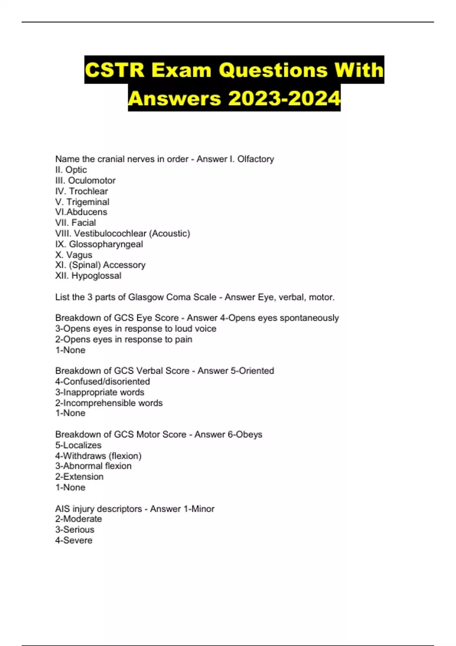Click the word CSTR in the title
tap(114, 70)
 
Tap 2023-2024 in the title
tap(284, 98)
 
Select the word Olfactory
tap(255, 159)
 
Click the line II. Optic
tap(71, 170)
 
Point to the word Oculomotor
tap(92, 180)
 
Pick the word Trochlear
tap(88, 191)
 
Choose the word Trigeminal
tap(88, 202)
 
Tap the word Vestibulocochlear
tap(110, 233)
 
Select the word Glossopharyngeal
tap(106, 244)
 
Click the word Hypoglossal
tap(97, 275)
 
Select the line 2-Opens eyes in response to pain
tap(123, 339)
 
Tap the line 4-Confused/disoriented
tap(102, 381)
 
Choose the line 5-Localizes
tap(78, 445)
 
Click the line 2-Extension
tap(79, 477)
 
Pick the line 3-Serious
tap(74, 529)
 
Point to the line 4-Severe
tap(74, 540)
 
